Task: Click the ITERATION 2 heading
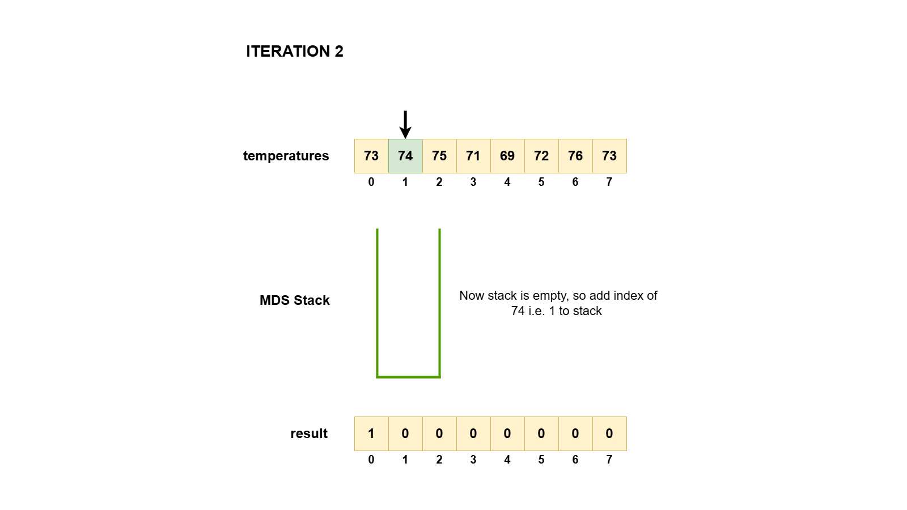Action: [294, 52]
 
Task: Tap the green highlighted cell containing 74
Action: [405, 156]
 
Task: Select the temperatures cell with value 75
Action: [439, 156]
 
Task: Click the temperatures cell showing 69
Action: [507, 156]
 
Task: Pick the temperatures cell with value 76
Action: [575, 156]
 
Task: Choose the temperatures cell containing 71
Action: [473, 156]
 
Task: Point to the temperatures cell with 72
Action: [541, 156]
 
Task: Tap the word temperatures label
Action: [286, 156]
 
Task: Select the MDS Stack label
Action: [294, 300]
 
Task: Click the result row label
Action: [309, 433]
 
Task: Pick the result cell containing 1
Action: [371, 433]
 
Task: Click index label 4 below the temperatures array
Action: [507, 182]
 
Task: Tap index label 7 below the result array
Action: [609, 460]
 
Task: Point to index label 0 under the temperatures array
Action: [371, 182]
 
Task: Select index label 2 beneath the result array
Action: [439, 460]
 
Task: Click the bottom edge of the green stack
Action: [408, 376]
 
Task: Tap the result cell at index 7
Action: [609, 433]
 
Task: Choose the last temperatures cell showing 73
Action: [609, 156]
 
